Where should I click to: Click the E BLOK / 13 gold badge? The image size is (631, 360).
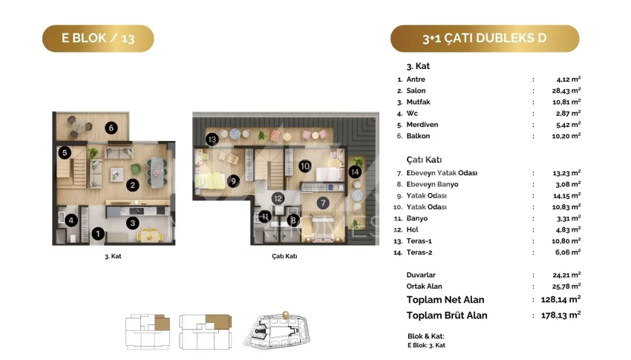tap(98, 38)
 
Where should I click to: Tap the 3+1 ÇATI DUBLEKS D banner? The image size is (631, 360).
tap(485, 38)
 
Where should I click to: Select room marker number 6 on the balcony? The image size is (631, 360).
tap(111, 128)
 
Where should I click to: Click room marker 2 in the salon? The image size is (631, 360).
tap(132, 185)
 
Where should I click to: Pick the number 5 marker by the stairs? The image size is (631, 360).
tap(65, 152)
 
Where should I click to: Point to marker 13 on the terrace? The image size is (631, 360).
tap(212, 139)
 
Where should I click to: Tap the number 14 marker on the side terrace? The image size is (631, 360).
tap(355, 172)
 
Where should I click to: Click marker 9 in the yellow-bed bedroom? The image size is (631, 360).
tap(233, 181)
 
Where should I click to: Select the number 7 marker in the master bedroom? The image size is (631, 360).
tap(323, 203)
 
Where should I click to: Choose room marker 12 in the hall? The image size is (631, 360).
tap(278, 198)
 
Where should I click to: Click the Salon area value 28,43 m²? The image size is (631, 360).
tap(566, 91)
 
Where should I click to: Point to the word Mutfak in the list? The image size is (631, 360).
tap(418, 102)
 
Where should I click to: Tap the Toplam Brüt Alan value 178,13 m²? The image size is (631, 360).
tap(561, 315)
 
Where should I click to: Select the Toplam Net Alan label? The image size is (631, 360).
tap(445, 300)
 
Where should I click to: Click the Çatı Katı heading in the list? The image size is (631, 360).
tap(424, 160)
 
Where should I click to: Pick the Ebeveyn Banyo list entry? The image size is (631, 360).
tap(432, 184)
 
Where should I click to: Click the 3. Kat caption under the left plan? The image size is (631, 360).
tap(113, 256)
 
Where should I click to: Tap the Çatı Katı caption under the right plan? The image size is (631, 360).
tap(284, 256)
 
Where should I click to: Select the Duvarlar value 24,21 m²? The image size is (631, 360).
tap(566, 275)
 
